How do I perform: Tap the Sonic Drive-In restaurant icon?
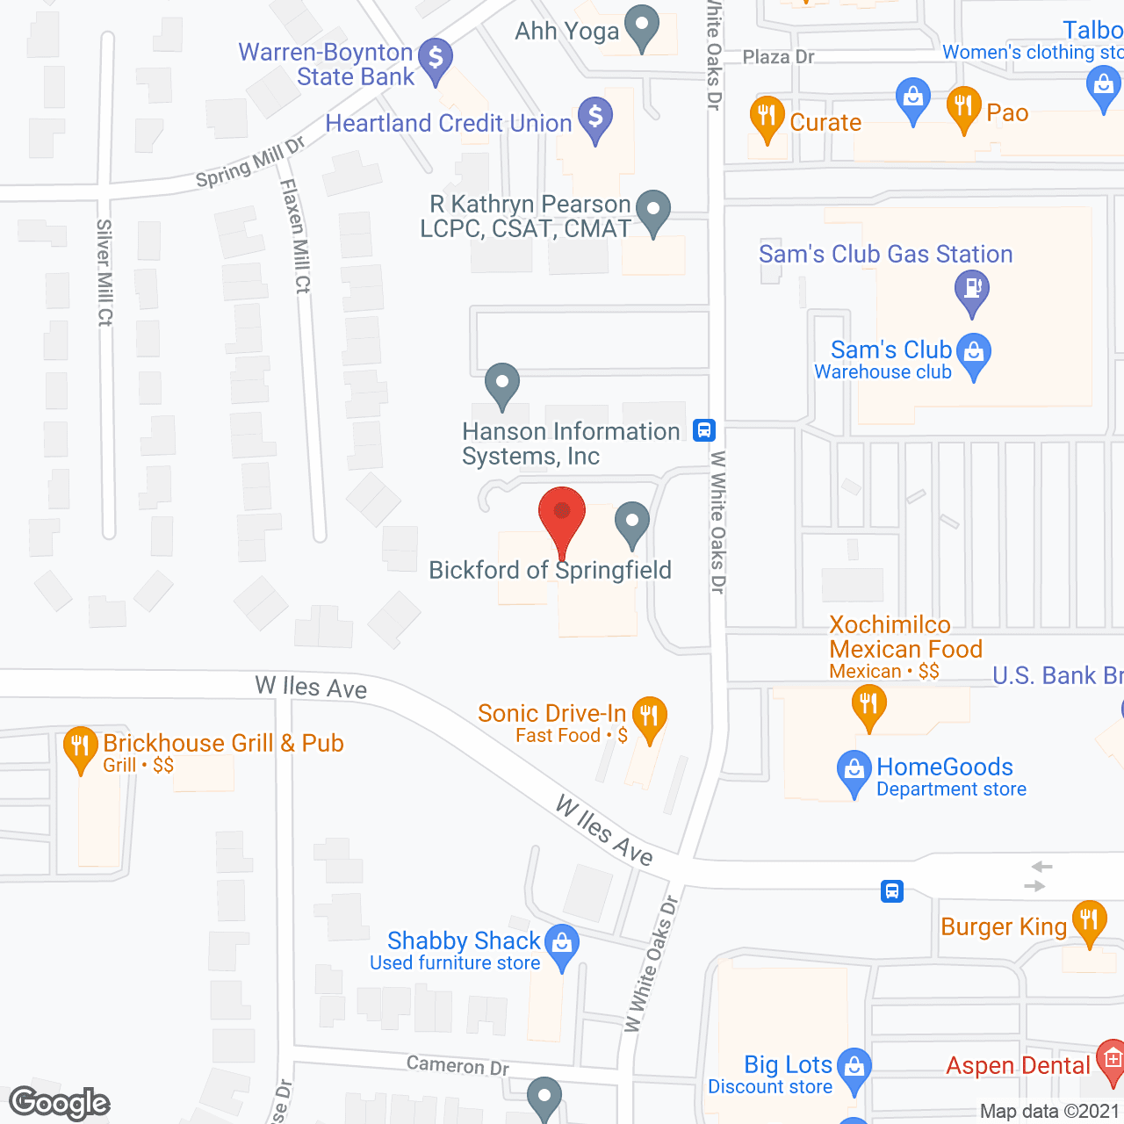(x=649, y=716)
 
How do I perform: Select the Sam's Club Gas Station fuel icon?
(x=971, y=288)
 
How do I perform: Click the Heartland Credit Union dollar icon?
(x=595, y=116)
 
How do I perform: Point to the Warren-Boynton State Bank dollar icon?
(x=435, y=59)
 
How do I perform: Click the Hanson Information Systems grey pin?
(x=501, y=383)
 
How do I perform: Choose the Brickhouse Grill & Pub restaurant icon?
(x=80, y=747)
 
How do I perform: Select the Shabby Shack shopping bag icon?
(x=562, y=944)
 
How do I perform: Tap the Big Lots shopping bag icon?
(x=854, y=1068)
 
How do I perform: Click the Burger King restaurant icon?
(x=1089, y=920)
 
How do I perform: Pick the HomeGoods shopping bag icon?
(x=854, y=770)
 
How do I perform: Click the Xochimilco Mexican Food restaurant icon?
(x=868, y=704)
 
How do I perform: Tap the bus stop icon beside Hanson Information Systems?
(x=704, y=430)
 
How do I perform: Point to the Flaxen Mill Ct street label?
(x=296, y=235)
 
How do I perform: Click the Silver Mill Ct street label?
(x=104, y=272)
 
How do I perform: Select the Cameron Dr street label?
(x=458, y=1065)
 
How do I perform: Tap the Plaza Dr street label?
(x=778, y=57)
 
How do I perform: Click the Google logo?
(x=60, y=1102)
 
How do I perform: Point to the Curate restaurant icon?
(x=767, y=116)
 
